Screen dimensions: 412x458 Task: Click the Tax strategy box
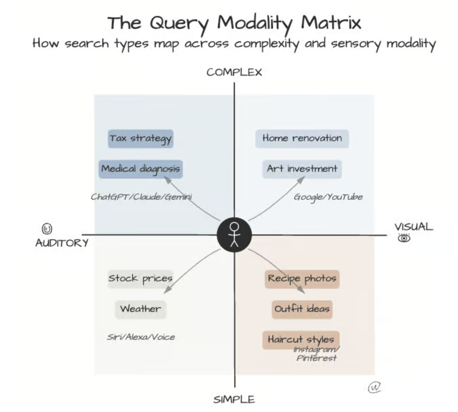[141, 139]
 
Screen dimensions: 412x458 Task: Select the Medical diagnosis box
[141, 169]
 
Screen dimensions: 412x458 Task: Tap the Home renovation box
[302, 138]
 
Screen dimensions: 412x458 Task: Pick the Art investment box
[302, 169]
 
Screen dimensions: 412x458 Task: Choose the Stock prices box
[140, 279]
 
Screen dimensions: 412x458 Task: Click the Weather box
[140, 309]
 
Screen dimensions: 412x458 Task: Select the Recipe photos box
[302, 279]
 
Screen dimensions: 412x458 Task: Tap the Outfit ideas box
[302, 309]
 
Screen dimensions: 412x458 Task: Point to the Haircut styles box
[301, 340]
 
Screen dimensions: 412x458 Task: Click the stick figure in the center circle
[234, 235]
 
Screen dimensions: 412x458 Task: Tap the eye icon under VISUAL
[404, 238]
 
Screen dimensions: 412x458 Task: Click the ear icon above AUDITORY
[47, 229]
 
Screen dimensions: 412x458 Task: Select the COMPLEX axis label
[234, 72]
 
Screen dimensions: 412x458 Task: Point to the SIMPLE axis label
[234, 399]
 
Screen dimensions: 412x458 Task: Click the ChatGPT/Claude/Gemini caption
[141, 197]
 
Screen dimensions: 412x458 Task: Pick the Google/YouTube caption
[328, 197]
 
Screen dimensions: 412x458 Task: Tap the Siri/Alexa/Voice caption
[141, 337]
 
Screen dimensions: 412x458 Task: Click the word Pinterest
[316, 358]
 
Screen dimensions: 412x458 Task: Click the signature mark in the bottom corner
[374, 388]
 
